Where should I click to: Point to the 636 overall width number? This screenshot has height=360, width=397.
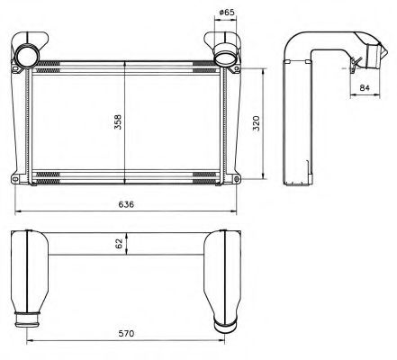(126, 205)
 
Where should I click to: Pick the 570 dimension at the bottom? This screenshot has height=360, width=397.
(126, 334)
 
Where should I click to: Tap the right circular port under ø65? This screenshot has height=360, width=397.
(225, 58)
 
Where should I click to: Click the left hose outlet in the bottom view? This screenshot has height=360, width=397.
(28, 318)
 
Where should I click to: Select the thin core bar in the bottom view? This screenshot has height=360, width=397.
(126, 255)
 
